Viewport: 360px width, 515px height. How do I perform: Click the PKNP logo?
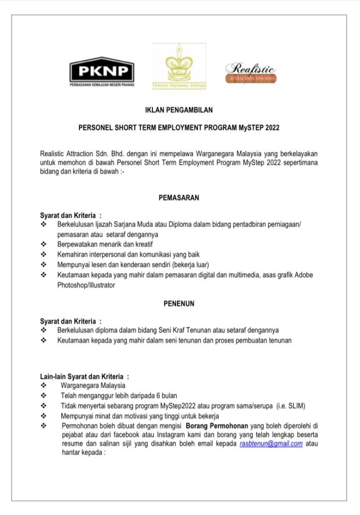[x=102, y=70]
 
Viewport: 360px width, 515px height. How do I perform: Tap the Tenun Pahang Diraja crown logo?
[x=179, y=66]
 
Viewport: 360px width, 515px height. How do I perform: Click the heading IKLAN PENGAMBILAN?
[x=179, y=110]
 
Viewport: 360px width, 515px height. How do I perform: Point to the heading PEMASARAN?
[x=179, y=198]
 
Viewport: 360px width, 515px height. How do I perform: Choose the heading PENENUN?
[x=179, y=304]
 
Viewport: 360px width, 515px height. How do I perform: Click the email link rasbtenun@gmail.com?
[x=272, y=444]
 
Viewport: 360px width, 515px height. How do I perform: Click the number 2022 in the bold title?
[x=269, y=128]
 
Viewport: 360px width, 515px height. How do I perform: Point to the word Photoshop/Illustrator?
[x=86, y=285]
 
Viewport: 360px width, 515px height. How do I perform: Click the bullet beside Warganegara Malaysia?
[x=44, y=386]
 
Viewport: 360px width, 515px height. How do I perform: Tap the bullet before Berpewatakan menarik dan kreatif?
[x=44, y=244]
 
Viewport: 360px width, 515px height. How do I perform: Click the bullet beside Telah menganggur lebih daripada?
[x=44, y=396]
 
